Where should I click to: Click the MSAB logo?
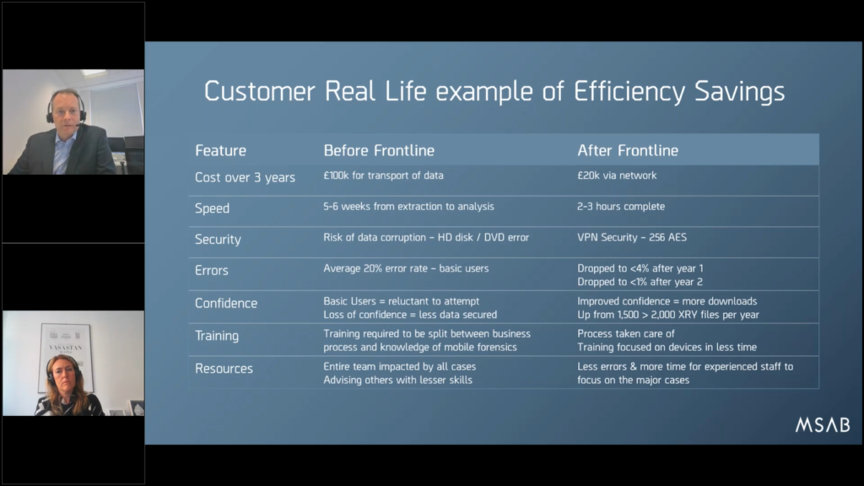822,425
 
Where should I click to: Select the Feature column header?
220,150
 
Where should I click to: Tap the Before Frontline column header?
379,150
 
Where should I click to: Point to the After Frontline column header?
628,150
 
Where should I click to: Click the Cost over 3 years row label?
245,177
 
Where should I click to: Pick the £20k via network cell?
617,175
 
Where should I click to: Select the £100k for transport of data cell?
383,175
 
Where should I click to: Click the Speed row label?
212,209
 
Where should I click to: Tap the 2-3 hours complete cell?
621,206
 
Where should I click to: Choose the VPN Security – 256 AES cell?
632,237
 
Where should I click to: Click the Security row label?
218,240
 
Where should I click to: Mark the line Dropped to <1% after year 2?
640,282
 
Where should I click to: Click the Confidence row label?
226,303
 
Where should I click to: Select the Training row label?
217,336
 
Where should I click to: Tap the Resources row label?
224,369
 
